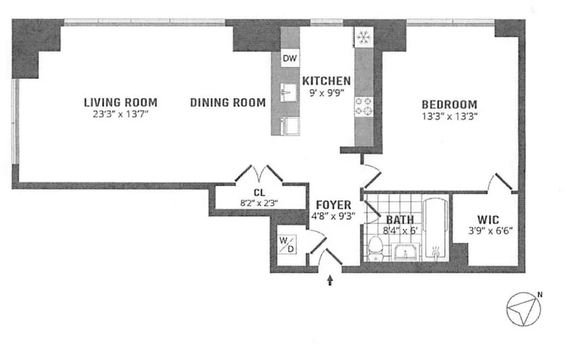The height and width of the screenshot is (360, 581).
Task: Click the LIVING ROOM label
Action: (116, 103)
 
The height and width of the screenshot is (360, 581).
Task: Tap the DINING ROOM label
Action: (227, 103)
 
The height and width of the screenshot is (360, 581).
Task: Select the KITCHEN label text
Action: (327, 80)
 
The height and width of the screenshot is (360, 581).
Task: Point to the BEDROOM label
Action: (449, 104)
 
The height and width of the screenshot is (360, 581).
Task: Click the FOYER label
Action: (334, 204)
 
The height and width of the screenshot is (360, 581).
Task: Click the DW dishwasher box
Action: (290, 60)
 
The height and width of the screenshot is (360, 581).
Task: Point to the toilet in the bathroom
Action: (375, 248)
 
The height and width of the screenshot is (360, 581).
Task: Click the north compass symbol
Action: (523, 309)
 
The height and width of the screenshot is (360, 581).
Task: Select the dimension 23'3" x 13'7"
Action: (116, 115)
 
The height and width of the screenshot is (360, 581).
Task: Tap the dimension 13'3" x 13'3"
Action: (449, 116)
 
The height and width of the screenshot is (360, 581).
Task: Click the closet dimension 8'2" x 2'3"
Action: (260, 202)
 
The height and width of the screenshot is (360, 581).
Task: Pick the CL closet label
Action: (260, 192)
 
